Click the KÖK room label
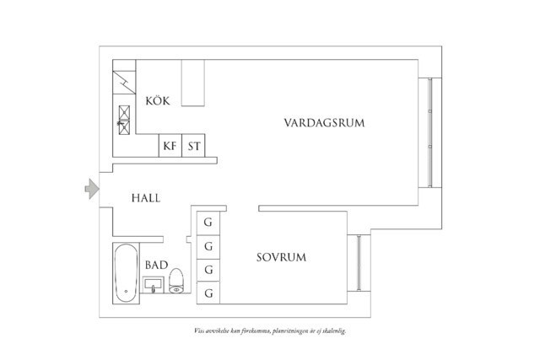coord(158,101)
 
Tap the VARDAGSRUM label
coord(324,123)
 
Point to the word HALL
coord(146,199)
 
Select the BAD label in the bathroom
coord(155,265)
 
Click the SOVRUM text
coord(281,256)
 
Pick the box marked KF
coord(170,147)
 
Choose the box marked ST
coord(195,147)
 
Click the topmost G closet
coord(208,223)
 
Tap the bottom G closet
coord(208,293)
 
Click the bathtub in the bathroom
coord(126,273)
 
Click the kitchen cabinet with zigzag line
coord(123,82)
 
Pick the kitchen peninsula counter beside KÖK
coord(194,83)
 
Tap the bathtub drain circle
coord(126,293)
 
